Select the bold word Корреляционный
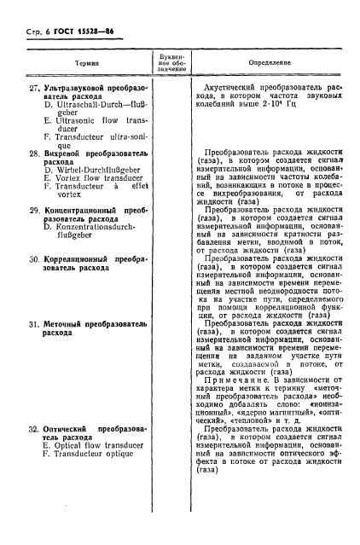coord(82,258)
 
